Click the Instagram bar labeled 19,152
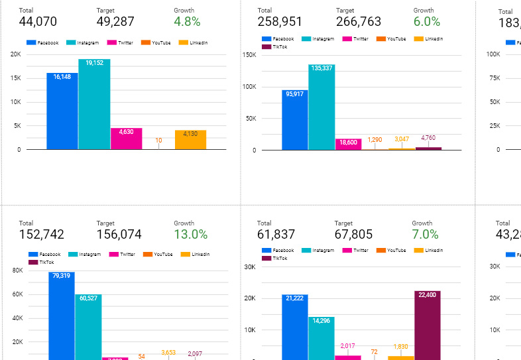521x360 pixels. pos(94,104)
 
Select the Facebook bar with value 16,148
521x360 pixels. pos(62,111)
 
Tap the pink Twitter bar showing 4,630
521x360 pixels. pos(126,139)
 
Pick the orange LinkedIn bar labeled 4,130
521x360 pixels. pos(191,140)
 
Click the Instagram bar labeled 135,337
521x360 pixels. pos(321,107)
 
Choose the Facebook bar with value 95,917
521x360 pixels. pos(295,120)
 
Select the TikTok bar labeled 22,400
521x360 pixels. pos(428,325)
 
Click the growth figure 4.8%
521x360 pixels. pos(187,22)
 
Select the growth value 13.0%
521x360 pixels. pos(191,234)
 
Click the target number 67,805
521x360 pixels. pos(354,234)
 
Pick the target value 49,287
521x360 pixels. pos(115,22)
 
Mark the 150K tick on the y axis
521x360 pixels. pos(250,54)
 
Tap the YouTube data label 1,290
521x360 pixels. pos(375,139)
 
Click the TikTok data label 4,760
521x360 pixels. pos(428,138)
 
